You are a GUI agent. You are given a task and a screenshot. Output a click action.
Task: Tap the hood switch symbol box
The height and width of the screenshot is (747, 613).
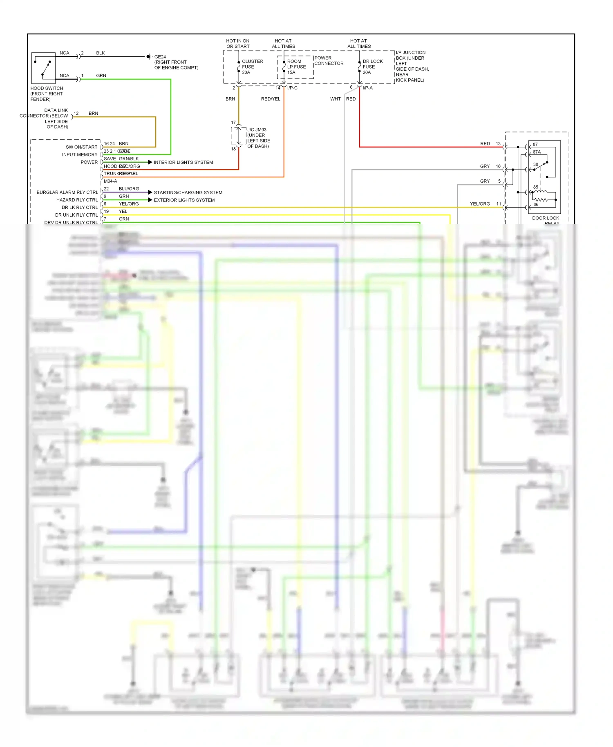[43, 68]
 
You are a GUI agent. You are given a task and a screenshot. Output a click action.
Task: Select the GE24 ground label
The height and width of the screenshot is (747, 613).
[160, 57]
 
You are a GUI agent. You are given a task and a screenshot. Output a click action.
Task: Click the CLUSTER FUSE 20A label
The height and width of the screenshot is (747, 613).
[252, 67]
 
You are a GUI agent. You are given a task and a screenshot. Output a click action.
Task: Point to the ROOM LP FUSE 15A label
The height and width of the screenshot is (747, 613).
[296, 67]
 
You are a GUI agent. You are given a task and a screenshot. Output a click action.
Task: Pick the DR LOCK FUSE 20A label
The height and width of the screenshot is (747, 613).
[372, 67]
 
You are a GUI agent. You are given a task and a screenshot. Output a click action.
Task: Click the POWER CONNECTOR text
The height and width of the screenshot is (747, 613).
[329, 60]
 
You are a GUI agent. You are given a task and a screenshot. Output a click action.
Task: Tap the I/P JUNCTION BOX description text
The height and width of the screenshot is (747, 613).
[412, 66]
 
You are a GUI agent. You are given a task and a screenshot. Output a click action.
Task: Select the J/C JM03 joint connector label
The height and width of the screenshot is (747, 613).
[258, 138]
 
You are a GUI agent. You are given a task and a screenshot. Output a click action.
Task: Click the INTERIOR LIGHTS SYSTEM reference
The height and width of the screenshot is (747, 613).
[183, 162]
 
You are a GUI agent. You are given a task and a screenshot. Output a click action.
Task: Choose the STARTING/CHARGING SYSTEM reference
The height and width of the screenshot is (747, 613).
[188, 192]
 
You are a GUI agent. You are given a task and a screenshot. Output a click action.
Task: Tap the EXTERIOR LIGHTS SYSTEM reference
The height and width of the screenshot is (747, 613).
[184, 200]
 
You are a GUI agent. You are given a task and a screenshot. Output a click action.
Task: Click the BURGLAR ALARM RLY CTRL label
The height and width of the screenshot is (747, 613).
[67, 192]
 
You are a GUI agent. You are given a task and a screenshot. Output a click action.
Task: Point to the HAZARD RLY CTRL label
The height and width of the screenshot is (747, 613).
[77, 200]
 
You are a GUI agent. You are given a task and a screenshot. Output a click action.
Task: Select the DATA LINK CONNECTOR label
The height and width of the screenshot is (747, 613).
[45, 119]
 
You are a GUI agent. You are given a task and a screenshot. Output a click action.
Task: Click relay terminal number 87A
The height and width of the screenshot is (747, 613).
[537, 152]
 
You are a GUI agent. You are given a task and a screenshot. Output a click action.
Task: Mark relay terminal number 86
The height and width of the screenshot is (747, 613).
[536, 204]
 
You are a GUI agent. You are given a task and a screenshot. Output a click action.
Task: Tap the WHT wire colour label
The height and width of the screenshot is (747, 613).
[336, 99]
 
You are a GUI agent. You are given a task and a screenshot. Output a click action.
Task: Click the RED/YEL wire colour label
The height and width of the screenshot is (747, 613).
[271, 99]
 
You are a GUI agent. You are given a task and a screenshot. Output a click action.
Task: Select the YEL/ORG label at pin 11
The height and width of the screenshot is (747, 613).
[480, 204]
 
